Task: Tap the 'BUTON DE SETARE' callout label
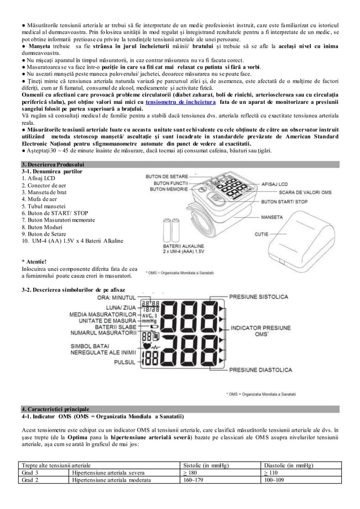[168, 177]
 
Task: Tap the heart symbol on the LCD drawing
[148, 346]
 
